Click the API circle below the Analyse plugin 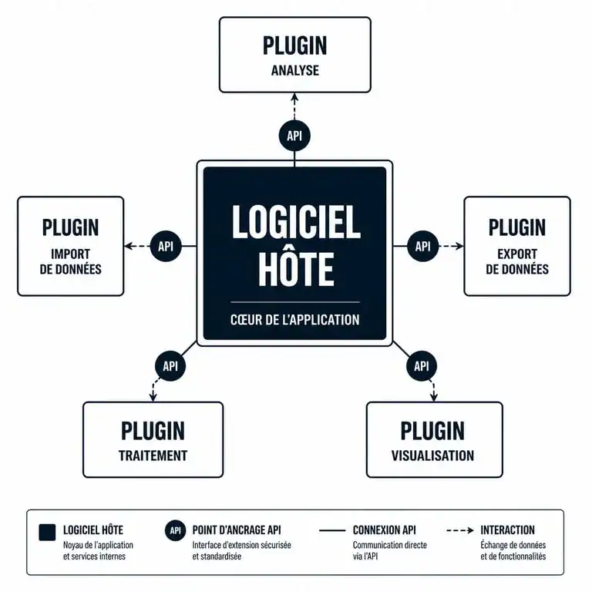(x=294, y=136)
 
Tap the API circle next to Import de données (x=166, y=246)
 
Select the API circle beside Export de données (x=423, y=246)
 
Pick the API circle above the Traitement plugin (x=170, y=366)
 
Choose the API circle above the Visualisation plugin (x=422, y=366)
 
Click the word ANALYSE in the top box (x=295, y=71)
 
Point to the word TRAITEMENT (x=153, y=456)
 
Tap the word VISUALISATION (x=432, y=456)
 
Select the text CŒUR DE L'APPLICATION (x=295, y=320)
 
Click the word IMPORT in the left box (x=71, y=254)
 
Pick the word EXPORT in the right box (x=517, y=254)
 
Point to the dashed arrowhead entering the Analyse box (x=294, y=97)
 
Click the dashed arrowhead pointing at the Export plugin (x=459, y=246)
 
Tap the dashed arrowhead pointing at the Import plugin (x=129, y=246)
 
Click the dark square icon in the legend (x=47, y=533)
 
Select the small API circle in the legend (x=175, y=530)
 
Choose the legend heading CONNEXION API (x=385, y=530)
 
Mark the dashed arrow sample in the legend (x=460, y=530)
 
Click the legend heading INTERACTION (x=507, y=530)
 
